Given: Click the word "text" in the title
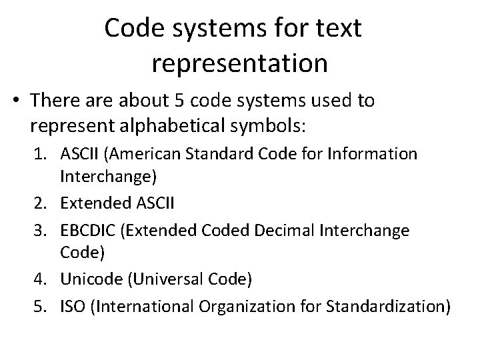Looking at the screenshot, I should coord(334,28).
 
